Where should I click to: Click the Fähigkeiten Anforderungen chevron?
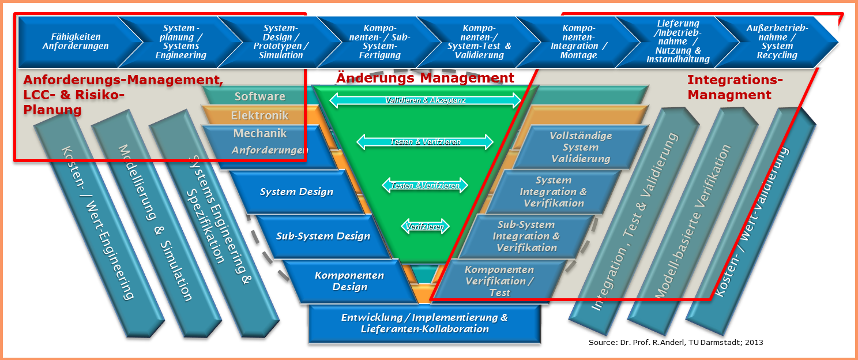[x=75, y=42]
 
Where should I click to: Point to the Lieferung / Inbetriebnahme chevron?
[x=678, y=42]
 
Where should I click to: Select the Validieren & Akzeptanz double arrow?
[x=425, y=100]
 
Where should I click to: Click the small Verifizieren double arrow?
[x=425, y=227]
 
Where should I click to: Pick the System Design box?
[x=296, y=192]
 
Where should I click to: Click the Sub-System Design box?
[x=323, y=236]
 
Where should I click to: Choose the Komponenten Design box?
[x=349, y=281]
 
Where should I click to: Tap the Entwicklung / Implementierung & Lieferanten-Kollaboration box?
[x=424, y=323]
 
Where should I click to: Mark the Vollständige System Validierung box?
[x=581, y=147]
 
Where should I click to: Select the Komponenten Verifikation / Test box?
[x=499, y=281]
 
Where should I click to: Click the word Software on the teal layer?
[x=259, y=96]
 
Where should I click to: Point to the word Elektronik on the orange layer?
[x=259, y=115]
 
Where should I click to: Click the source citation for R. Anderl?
[x=675, y=343]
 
